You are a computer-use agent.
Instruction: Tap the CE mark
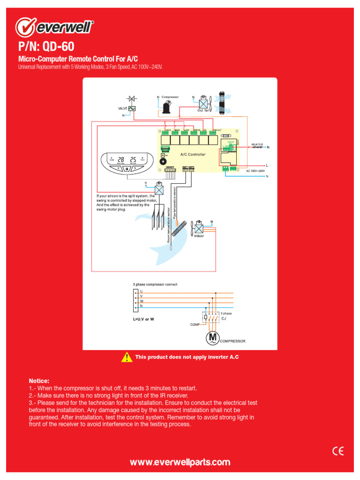[338, 451]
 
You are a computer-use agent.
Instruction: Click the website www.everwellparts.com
[180, 462]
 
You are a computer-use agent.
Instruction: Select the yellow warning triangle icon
[127, 357]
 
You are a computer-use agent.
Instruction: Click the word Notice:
[39, 381]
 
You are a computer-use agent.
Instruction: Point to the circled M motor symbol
[213, 338]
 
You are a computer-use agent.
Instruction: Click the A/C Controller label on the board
[193, 154]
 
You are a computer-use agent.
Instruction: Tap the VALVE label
[122, 108]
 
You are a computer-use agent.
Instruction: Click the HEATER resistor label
[257, 144]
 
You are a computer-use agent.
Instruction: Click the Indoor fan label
[199, 236]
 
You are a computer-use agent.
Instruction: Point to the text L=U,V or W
[143, 319]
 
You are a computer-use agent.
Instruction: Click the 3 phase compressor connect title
[155, 285]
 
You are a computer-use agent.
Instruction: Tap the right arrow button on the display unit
[135, 168]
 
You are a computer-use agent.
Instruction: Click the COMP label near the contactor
[195, 324]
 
